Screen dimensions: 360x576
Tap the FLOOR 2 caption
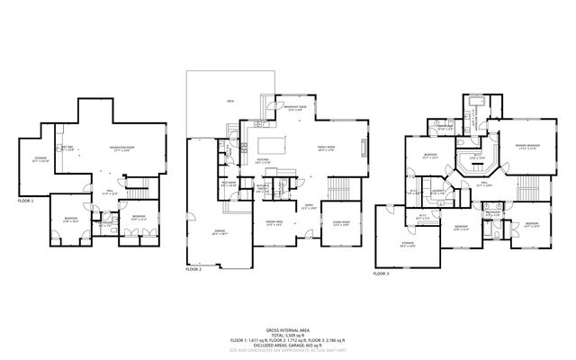pos(194,268)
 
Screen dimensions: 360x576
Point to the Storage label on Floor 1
pos(40,159)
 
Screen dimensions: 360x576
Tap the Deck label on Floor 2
pos(231,101)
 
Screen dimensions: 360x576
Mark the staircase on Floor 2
pos(340,189)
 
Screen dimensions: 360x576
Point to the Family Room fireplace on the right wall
pos(364,149)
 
